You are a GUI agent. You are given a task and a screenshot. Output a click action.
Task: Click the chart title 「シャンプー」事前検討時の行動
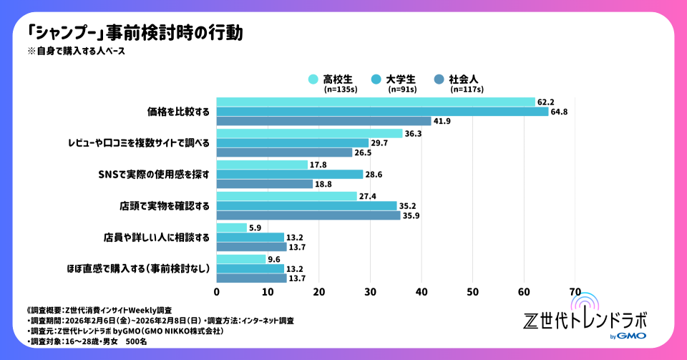135,33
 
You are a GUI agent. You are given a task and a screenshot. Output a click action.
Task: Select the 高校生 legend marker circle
313,79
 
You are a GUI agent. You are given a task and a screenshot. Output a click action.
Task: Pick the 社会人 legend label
464,79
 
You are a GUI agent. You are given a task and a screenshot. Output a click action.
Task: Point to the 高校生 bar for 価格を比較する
376,102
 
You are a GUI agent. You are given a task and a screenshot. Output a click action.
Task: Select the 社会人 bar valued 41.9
323,121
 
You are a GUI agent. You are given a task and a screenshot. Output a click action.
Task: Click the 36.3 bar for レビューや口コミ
309,133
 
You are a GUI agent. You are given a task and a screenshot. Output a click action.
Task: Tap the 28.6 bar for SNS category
290,174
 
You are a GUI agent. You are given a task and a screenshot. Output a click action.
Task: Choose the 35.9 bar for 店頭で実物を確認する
308,215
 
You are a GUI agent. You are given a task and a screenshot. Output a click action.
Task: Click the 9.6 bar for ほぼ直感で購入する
241,259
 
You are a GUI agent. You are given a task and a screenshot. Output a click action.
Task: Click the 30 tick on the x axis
370,291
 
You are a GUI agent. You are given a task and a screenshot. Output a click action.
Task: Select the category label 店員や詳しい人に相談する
155,237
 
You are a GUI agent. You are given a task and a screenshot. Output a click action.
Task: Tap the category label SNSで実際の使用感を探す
154,174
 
